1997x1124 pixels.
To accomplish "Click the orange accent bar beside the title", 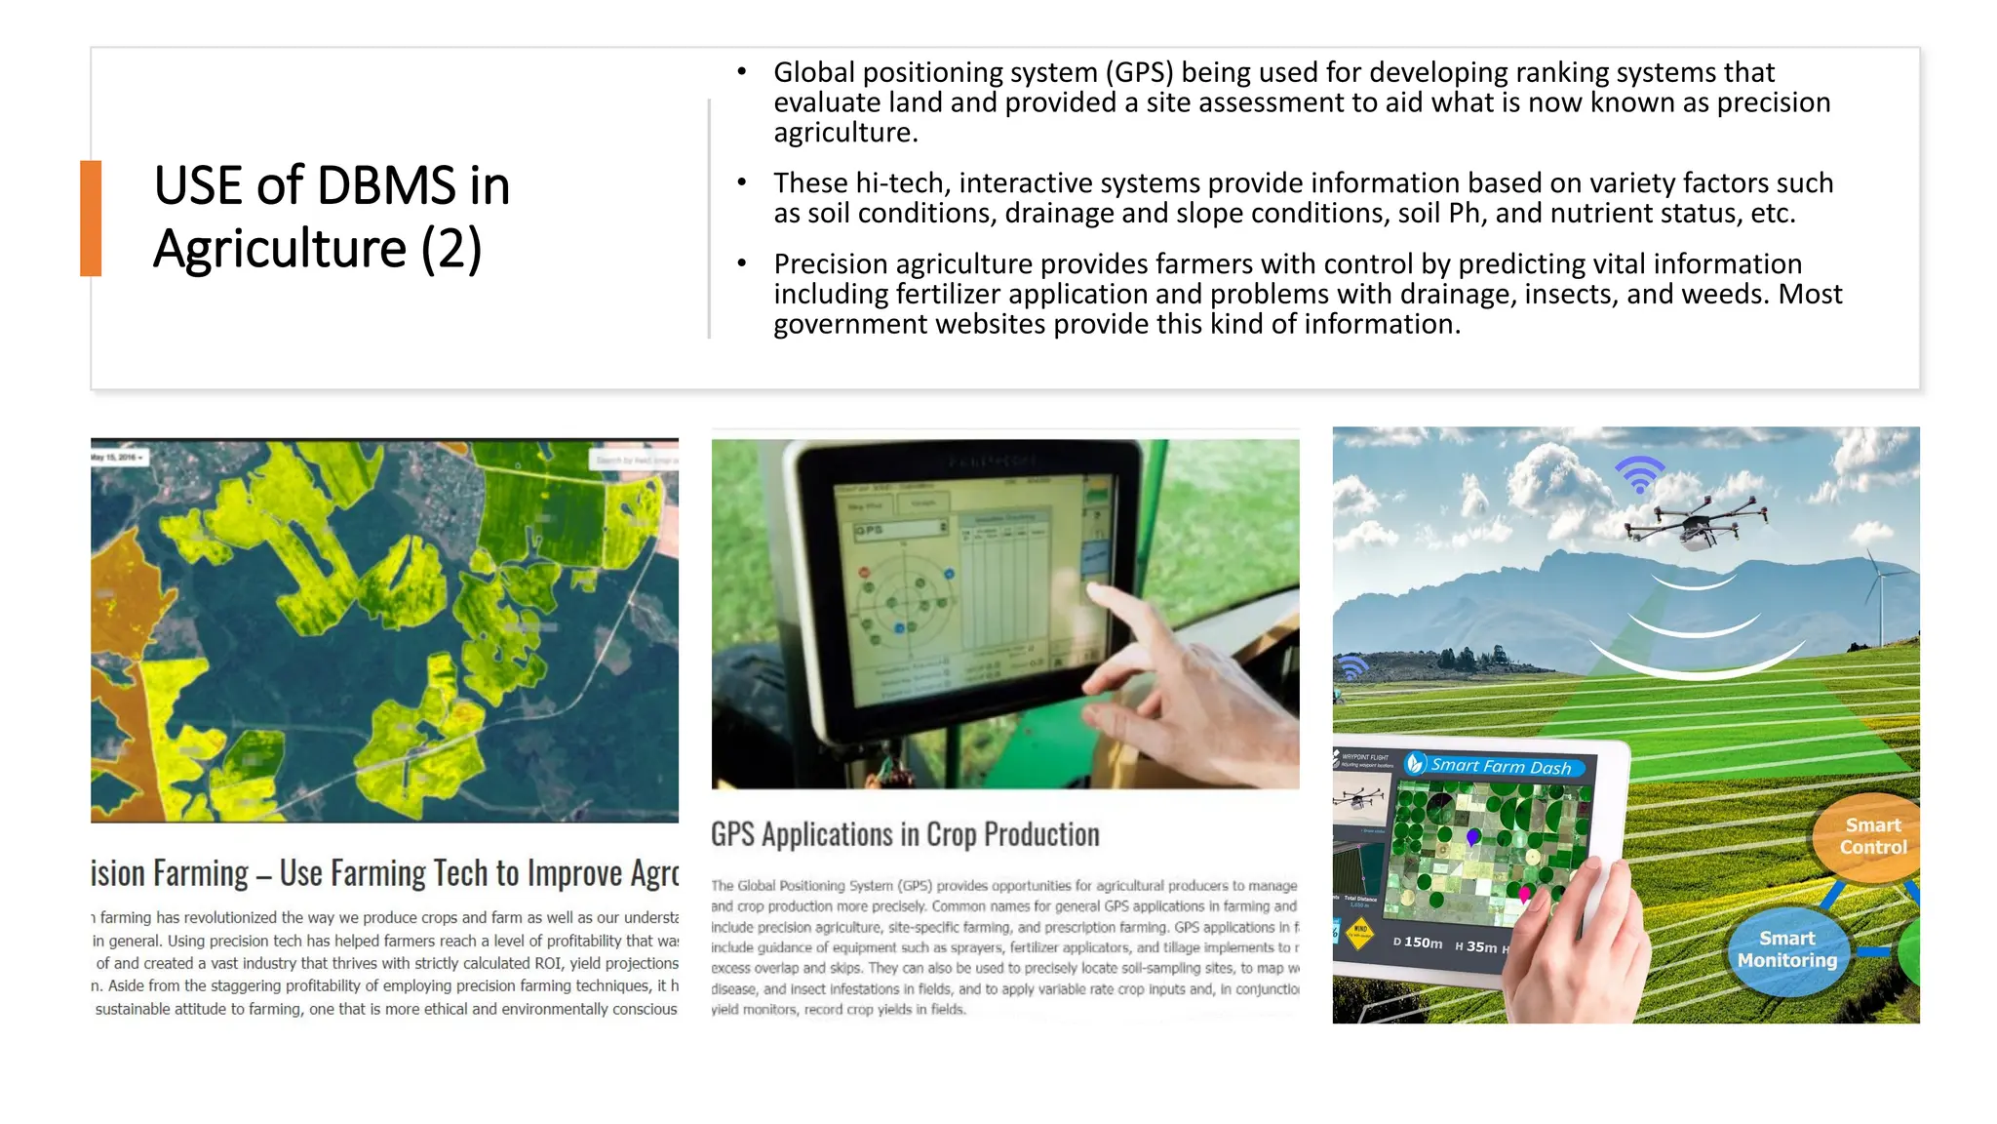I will point(91,218).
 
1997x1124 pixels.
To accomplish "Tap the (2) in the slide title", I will point(451,249).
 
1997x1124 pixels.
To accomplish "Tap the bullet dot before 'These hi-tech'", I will point(742,182).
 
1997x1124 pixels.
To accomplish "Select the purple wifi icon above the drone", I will point(1640,474).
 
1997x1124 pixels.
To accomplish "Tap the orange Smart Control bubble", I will point(1870,837).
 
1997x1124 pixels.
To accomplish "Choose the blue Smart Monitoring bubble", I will point(1786,949).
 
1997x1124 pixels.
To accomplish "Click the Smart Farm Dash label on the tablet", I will point(1500,767).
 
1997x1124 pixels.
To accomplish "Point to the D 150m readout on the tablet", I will point(1418,943).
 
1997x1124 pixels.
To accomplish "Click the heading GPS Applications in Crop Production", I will point(905,835).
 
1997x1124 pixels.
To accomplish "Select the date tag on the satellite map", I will point(118,457).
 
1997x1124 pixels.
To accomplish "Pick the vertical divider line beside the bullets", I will point(709,219).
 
